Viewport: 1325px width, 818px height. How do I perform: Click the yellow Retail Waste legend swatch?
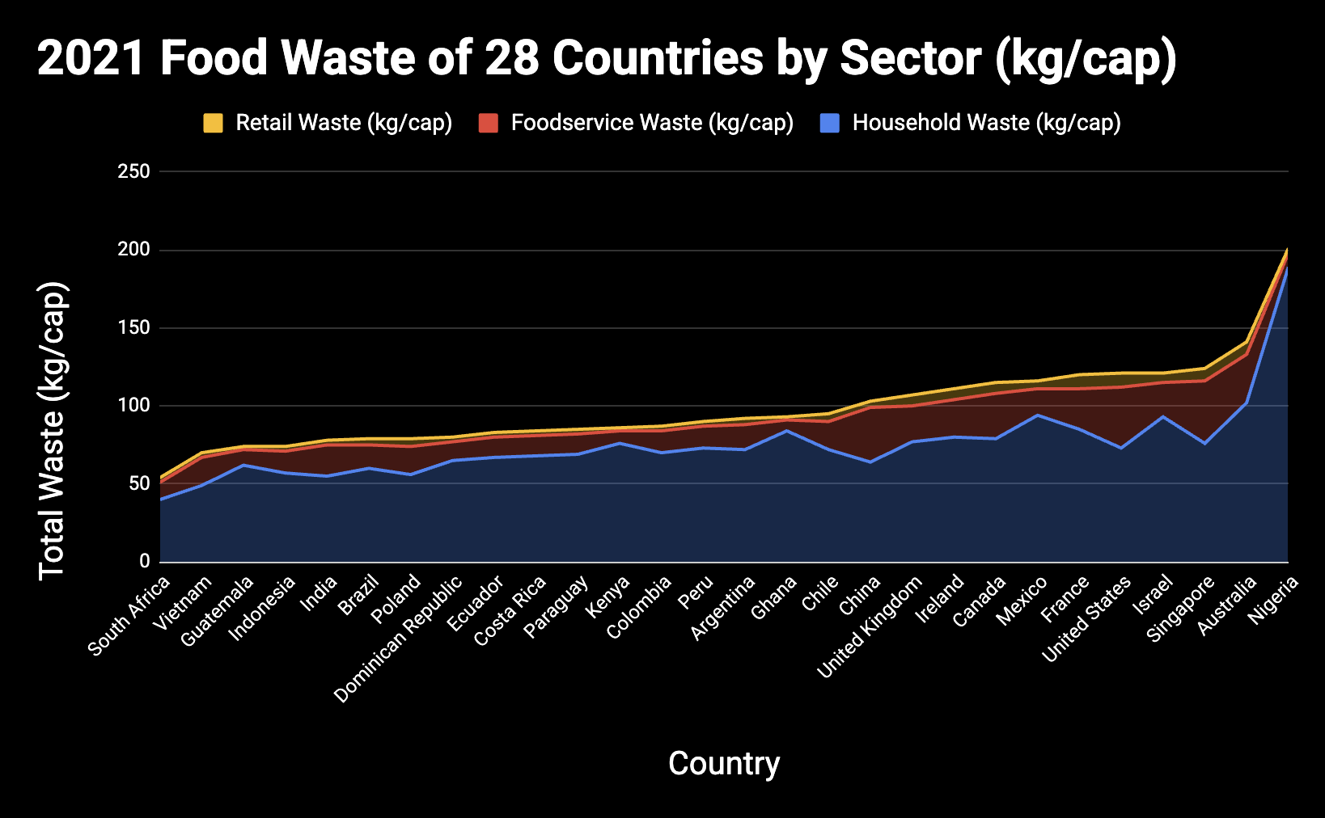(x=213, y=123)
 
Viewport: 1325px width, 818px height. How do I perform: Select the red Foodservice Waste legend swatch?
(x=488, y=123)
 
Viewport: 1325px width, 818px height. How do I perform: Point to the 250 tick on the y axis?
(x=133, y=171)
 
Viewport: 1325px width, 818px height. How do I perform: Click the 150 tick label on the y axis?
(x=133, y=327)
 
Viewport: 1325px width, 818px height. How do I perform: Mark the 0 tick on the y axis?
(x=145, y=561)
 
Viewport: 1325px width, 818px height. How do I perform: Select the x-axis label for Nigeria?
(x=1273, y=599)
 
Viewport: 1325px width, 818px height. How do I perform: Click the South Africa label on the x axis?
(x=129, y=616)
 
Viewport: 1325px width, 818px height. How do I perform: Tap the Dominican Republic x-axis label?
(x=398, y=639)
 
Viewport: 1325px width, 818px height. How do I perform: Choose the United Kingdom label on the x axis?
(x=870, y=626)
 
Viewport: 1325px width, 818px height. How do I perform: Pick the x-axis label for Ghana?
(x=773, y=597)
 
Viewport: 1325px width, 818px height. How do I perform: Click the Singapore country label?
(x=1180, y=609)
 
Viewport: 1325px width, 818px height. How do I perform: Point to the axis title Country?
(x=724, y=763)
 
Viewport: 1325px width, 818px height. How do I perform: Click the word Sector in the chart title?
(x=911, y=58)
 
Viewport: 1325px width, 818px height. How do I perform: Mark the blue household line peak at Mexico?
(x=1038, y=415)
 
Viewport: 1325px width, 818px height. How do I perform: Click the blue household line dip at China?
(x=870, y=462)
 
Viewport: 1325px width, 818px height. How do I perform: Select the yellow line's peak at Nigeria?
(x=1287, y=249)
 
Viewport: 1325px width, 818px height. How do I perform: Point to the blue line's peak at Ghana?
(x=787, y=430)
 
